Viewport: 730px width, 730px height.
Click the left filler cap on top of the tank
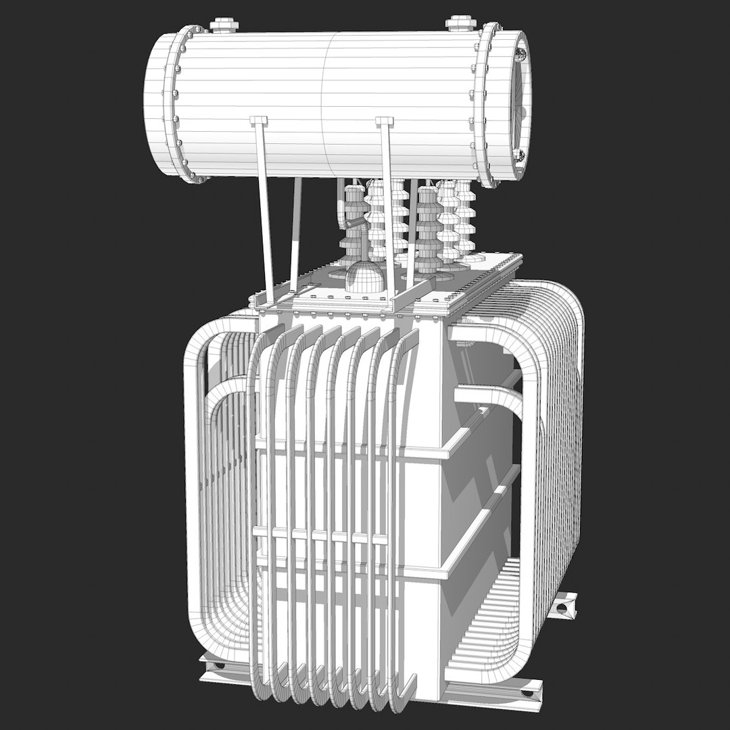[x=224, y=25]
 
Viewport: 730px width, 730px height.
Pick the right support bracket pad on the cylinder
[x=384, y=121]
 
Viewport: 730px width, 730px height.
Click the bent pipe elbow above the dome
[x=345, y=220]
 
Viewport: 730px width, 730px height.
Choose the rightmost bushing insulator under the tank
[x=466, y=216]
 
